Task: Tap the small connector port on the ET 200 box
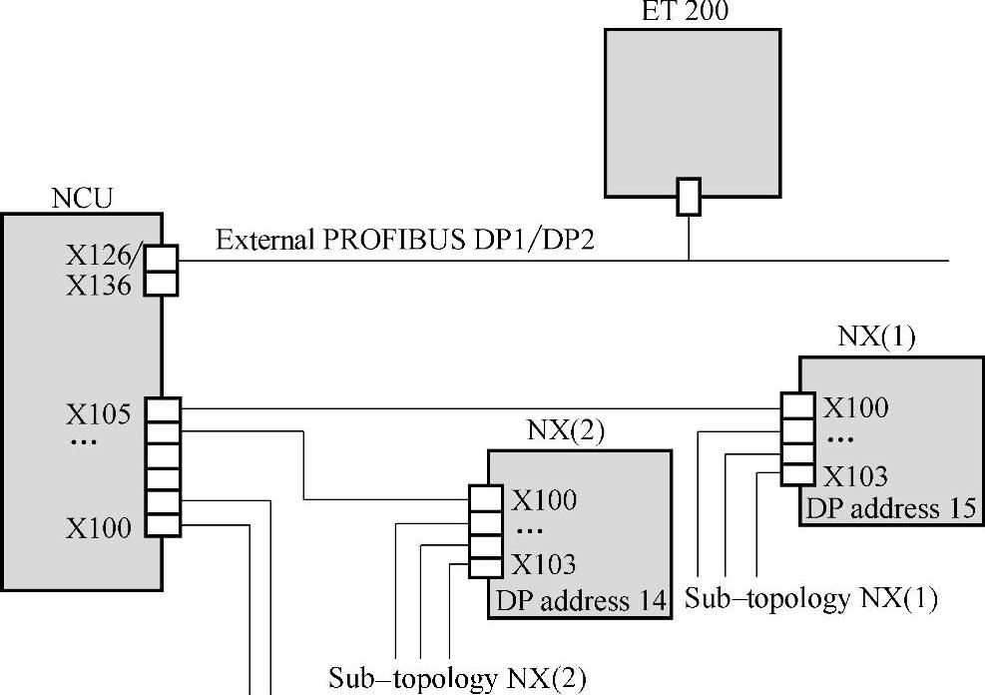689,196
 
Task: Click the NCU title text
82,198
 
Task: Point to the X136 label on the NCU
99,286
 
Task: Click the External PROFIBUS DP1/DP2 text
405,241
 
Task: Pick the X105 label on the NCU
99,413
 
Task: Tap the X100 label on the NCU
99,528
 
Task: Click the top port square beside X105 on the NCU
163,409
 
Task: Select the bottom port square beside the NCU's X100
163,524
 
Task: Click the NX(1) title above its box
876,337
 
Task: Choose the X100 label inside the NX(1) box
855,406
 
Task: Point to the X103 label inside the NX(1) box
855,475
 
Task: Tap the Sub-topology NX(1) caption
811,598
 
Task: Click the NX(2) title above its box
566,430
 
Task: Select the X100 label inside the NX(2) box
544,500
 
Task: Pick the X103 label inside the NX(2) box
544,565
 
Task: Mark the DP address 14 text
578,602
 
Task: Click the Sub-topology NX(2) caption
458,679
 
